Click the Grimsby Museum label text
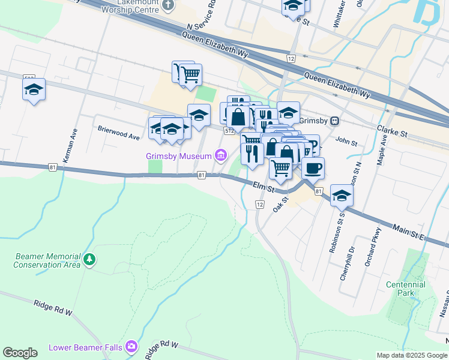coord(179,156)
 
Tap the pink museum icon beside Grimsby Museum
coord(221,156)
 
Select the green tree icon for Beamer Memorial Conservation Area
coord(89,259)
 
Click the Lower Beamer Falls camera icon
coord(132,347)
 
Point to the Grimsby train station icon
coord(334,121)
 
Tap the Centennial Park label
coord(406,289)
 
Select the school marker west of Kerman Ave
coord(34,91)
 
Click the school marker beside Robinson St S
coord(342,196)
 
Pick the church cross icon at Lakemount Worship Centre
coord(167,5)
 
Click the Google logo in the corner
coord(20,353)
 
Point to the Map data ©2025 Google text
coord(411,355)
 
